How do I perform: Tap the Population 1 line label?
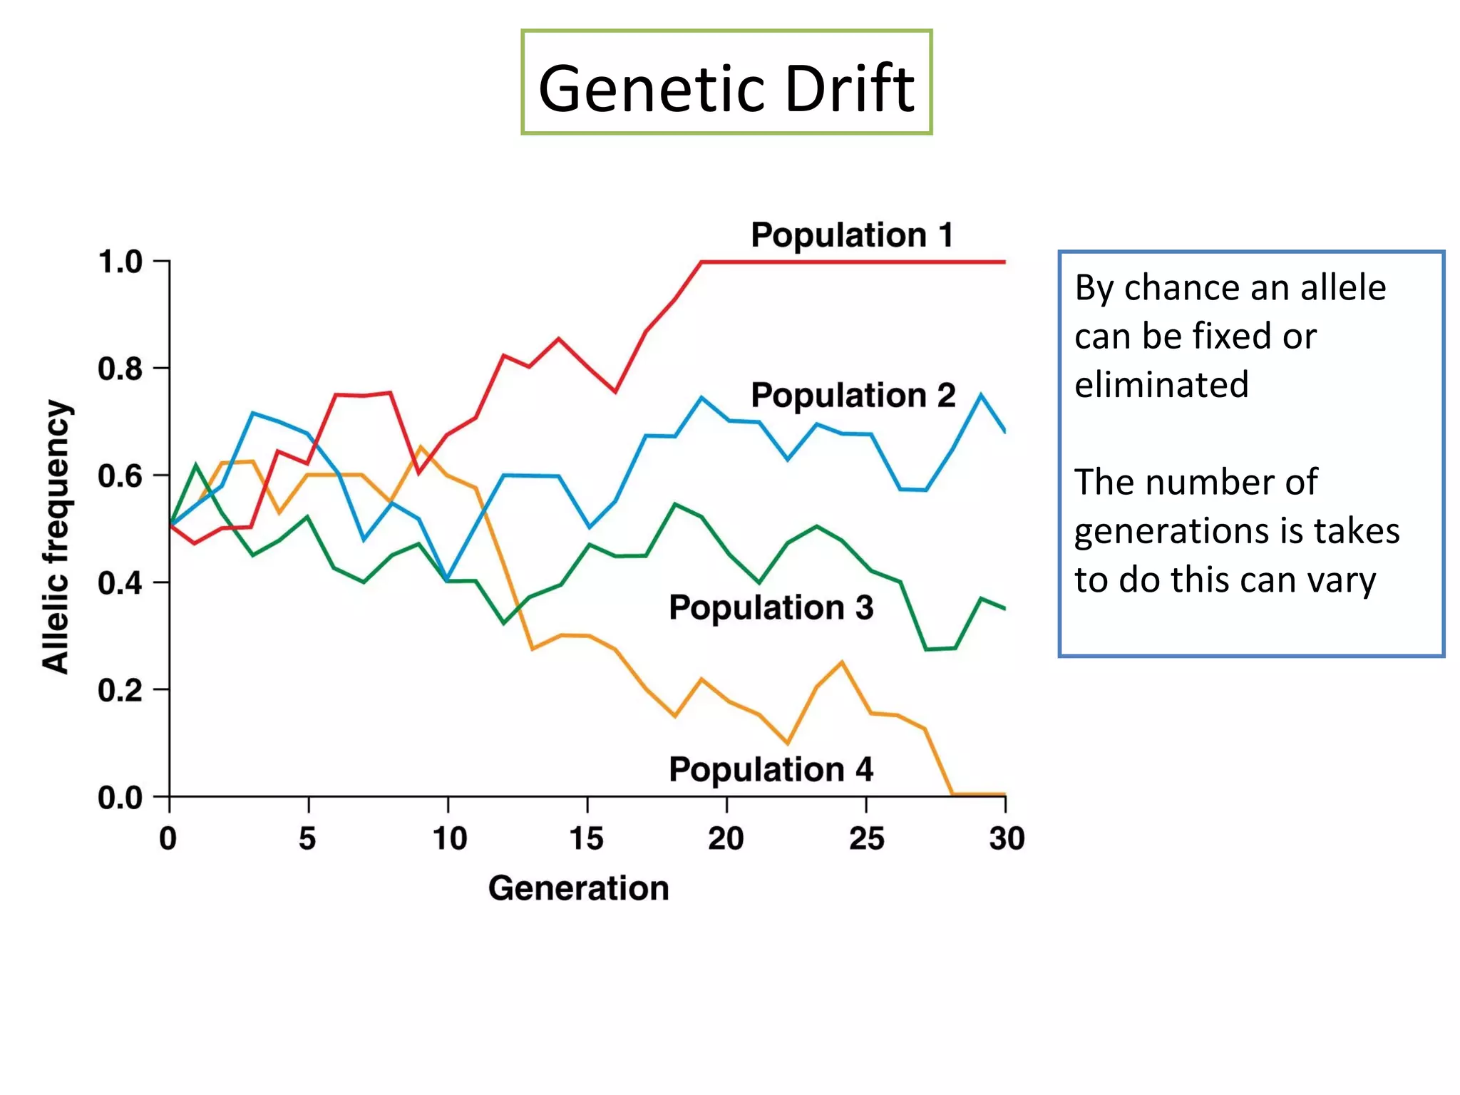(852, 235)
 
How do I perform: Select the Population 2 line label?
(853, 395)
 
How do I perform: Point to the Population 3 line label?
(771, 607)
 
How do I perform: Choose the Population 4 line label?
(771, 769)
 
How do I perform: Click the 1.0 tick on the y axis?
(120, 262)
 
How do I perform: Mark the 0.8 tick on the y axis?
(120, 369)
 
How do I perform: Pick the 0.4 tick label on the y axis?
(120, 583)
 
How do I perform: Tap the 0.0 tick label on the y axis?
(120, 798)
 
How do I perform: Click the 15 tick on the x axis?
(587, 838)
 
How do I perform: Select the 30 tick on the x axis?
(1006, 838)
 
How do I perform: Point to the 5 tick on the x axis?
(307, 838)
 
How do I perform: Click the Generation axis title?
(578, 888)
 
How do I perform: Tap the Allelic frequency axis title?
(56, 536)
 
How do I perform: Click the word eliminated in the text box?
(1161, 385)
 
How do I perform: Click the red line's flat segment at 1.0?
(855, 262)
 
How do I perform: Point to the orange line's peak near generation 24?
(842, 663)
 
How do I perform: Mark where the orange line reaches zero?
(953, 793)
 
